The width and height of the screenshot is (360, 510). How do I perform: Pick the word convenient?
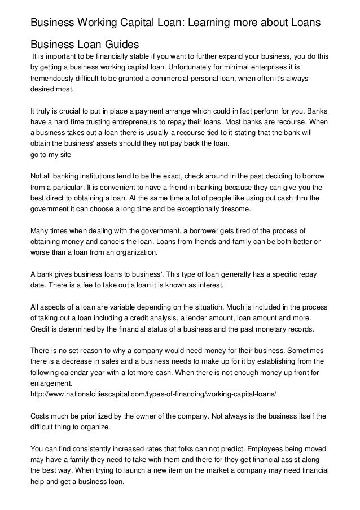coord(118,187)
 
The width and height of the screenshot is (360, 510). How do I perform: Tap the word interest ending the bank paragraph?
coord(208,285)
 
